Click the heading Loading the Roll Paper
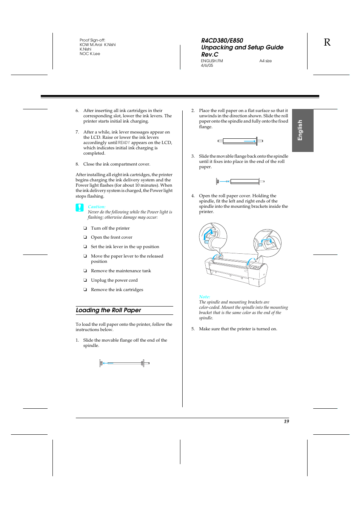(108, 310)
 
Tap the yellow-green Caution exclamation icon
(80, 207)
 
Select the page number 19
(286, 422)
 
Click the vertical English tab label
(300, 130)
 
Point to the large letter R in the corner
(327, 43)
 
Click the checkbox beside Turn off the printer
(85, 228)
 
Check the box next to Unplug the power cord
(85, 281)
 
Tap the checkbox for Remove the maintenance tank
(85, 271)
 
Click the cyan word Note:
(205, 297)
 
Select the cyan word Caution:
(97, 207)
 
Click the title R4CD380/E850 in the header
(222, 41)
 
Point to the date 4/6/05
(207, 66)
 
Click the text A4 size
(265, 61)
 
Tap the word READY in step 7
(124, 143)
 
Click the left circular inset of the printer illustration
(213, 236)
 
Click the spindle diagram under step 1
(125, 363)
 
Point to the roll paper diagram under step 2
(240, 141)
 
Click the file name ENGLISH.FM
(212, 61)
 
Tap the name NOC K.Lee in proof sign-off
(90, 54)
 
